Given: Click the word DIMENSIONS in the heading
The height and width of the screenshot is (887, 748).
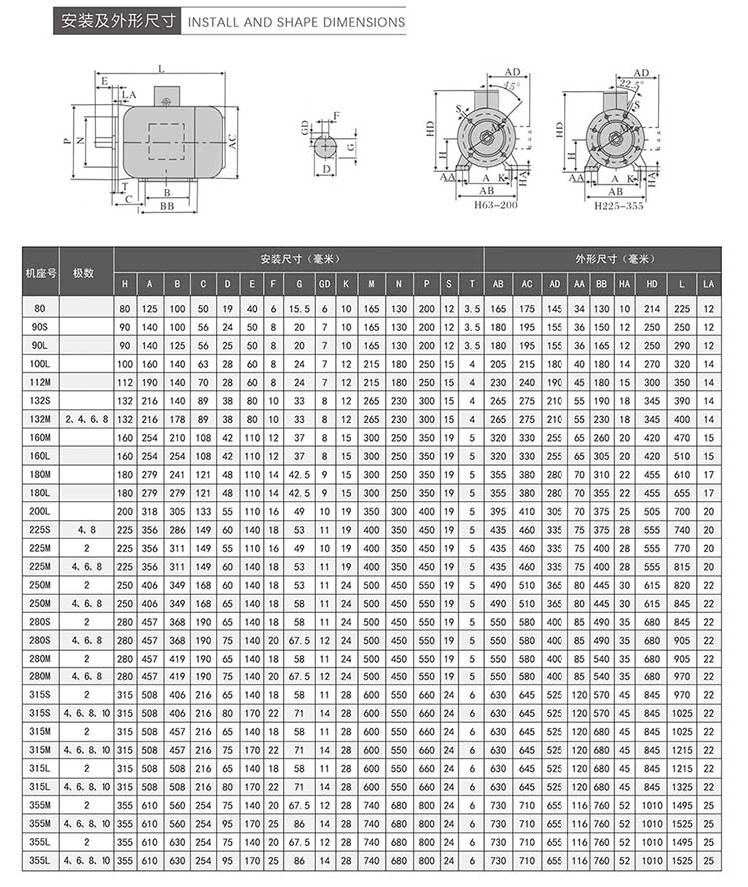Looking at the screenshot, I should pyautogui.click(x=362, y=21).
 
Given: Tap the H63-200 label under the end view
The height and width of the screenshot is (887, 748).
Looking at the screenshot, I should pyautogui.click(x=482, y=204).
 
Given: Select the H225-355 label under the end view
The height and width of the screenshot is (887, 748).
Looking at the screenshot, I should pyautogui.click(x=618, y=204).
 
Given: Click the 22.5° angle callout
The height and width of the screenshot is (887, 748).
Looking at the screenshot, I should pyautogui.click(x=628, y=85).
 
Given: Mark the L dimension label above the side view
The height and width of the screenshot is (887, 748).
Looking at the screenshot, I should pyautogui.click(x=161, y=68).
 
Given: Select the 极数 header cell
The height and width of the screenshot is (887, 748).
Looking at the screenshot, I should pyautogui.click(x=84, y=272).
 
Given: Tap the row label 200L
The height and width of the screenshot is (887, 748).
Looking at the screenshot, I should pyautogui.click(x=40, y=511).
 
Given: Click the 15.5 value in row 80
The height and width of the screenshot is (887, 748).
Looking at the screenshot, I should pyautogui.click(x=298, y=309).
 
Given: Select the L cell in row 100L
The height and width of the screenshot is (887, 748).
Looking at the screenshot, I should pyautogui.click(x=682, y=365).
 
